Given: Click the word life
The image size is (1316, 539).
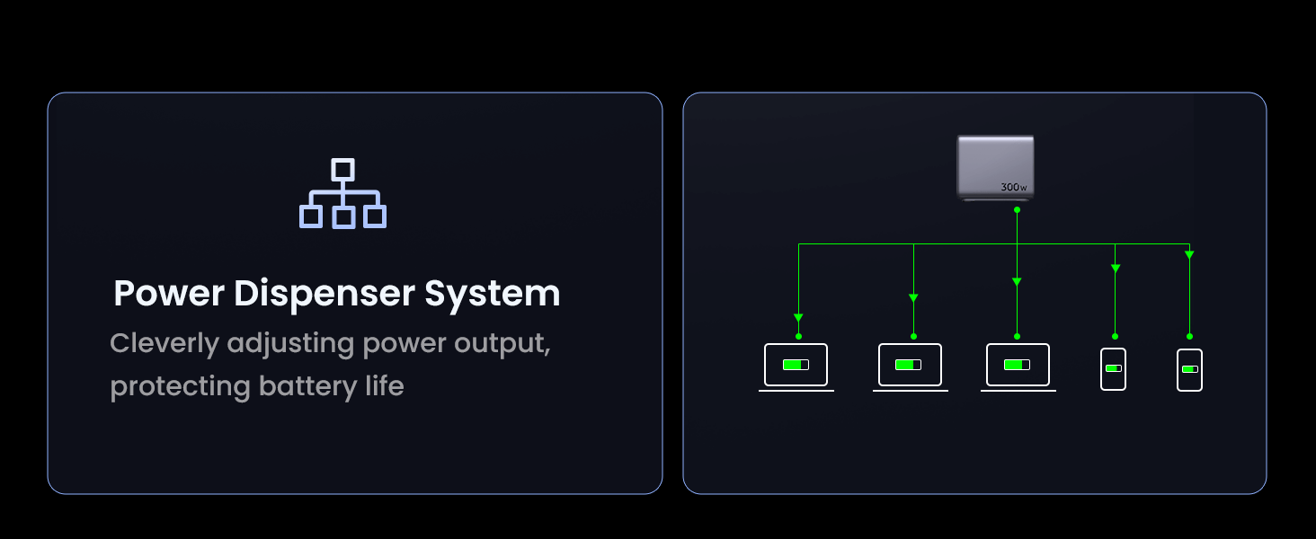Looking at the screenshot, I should point(381,386).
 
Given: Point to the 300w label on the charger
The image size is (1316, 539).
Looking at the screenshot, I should point(1013,187).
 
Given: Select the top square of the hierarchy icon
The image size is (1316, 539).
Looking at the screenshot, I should point(342,169).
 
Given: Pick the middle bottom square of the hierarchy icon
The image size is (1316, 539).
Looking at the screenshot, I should point(342,216).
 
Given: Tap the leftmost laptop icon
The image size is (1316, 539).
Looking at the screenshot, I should point(796,366).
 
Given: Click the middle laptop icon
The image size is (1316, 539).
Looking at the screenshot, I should point(910,366).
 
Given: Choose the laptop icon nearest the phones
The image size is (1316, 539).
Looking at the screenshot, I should point(1018,366).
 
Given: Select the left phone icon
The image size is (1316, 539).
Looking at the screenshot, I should point(1113,368).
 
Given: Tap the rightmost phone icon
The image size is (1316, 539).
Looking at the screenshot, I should point(1189,369).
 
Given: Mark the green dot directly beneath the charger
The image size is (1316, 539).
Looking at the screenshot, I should point(1017,209).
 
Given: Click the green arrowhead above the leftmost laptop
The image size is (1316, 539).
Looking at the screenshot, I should point(798,317).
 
